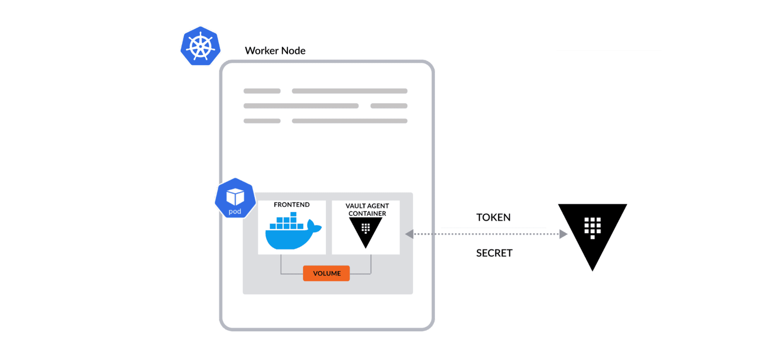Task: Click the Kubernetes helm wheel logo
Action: pos(200,46)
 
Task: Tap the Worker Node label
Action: pos(275,51)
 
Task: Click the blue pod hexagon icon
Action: pos(235,198)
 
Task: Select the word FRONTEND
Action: pos(291,204)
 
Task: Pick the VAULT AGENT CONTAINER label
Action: pos(367,209)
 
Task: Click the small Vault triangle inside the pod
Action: pos(365,231)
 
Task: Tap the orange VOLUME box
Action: pos(326,273)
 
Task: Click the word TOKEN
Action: pos(493,217)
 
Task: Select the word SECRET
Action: pos(494,253)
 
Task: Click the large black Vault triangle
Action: pos(592,232)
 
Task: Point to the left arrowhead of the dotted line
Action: pos(409,234)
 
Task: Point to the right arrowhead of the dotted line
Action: pos(563,234)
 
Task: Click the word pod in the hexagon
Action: pos(235,211)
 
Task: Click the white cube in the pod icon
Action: pos(235,196)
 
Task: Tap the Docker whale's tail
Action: pos(314,226)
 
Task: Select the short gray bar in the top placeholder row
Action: pos(262,91)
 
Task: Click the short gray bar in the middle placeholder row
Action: pos(388,106)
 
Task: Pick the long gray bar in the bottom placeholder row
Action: pos(349,121)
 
